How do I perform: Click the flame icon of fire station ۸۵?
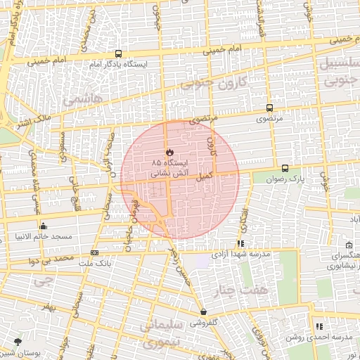[169, 151]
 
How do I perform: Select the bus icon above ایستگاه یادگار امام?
[118, 53]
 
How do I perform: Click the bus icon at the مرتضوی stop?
[269, 108]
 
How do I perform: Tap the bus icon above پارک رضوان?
[285, 168]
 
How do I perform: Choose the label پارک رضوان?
[286, 179]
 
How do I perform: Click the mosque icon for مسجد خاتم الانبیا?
[44, 226]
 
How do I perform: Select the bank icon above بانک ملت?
[95, 252]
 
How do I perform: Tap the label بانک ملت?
[96, 263]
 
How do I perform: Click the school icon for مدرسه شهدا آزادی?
[241, 244]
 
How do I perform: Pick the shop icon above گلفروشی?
[203, 311]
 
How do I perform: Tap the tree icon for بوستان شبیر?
[17, 342]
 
